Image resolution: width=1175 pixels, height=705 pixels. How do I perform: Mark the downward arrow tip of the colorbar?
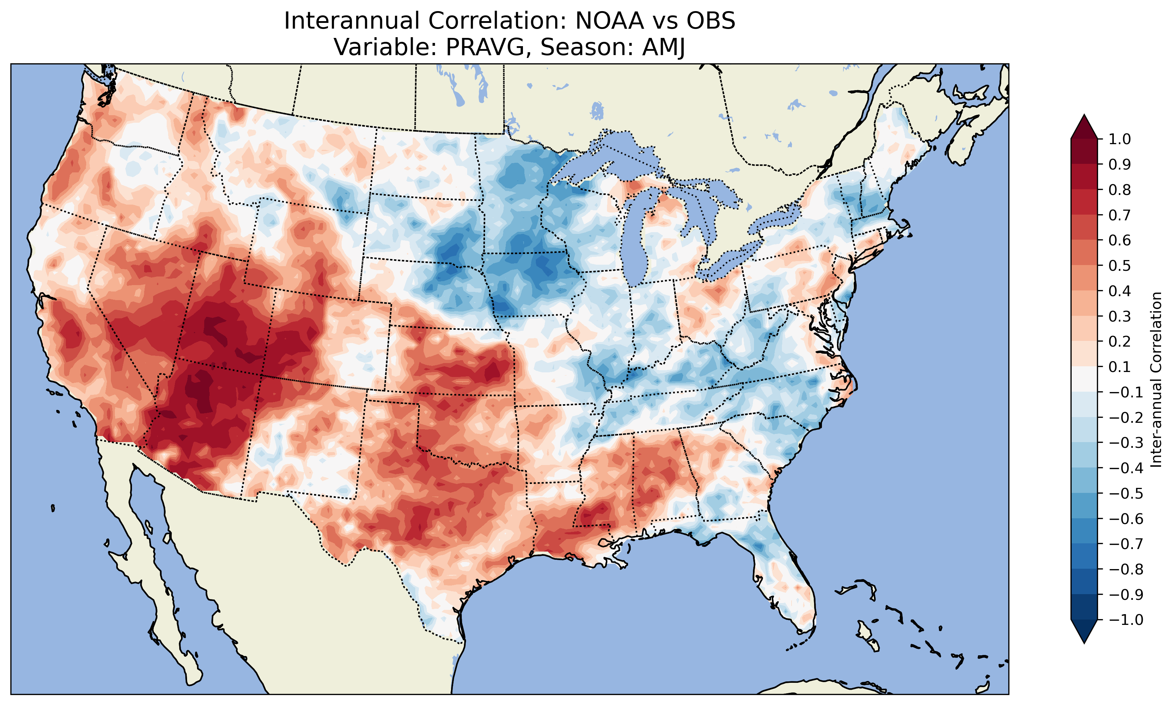click(x=1084, y=642)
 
